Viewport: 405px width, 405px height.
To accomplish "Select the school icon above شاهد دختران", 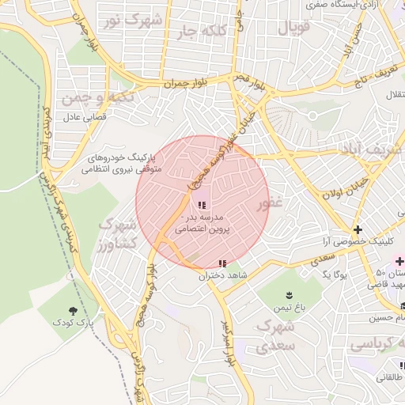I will (x=221, y=263).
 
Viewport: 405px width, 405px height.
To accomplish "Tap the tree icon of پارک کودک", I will (x=74, y=310).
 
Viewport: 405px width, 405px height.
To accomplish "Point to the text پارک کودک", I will (x=73, y=323).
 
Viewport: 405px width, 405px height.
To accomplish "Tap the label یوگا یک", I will (x=333, y=274).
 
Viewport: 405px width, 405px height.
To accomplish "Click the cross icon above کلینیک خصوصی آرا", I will (x=358, y=228).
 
